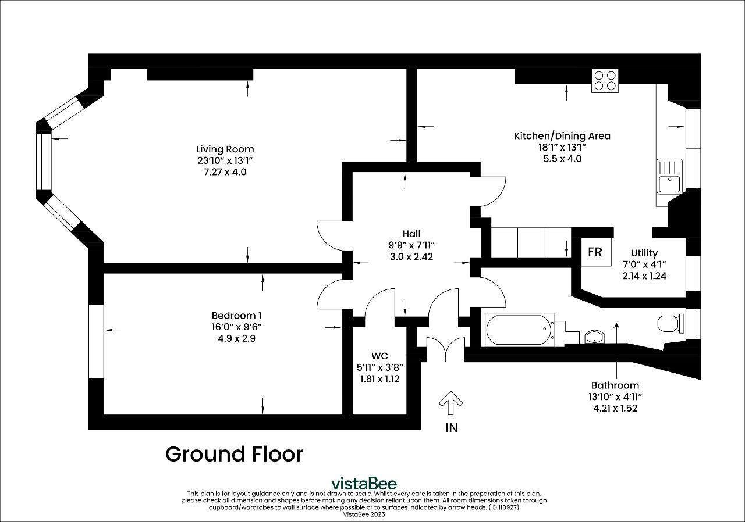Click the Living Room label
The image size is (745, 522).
[225, 149]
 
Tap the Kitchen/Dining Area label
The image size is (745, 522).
[562, 136]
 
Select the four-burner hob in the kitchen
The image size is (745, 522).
[605, 81]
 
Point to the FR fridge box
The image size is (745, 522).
[595, 253]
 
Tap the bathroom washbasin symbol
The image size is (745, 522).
[594, 337]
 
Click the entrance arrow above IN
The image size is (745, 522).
[450, 403]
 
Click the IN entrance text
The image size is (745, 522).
[451, 428]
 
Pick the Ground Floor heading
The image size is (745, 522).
[234, 454]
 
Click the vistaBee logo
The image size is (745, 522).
[364, 483]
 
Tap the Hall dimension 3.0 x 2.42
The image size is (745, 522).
[411, 256]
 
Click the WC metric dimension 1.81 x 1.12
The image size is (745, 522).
[379, 379]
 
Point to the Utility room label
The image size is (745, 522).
[644, 253]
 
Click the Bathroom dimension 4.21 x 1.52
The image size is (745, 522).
[615, 408]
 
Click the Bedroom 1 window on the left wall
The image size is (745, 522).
[96, 341]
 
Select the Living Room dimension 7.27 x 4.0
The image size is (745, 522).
[225, 172]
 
